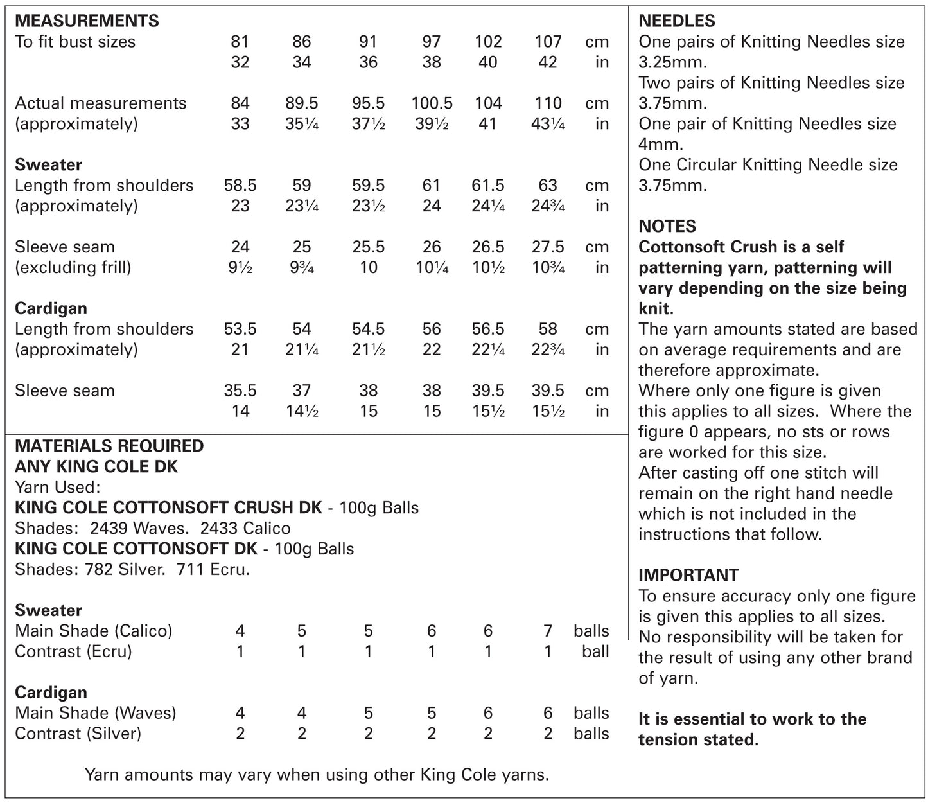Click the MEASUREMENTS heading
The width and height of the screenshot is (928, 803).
(87, 21)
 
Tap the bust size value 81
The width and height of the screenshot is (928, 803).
(240, 42)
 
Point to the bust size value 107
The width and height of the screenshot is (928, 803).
(548, 42)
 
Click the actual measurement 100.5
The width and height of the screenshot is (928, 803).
(432, 103)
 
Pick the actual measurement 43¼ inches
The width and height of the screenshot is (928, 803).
(548, 124)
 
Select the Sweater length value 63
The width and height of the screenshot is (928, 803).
(548, 186)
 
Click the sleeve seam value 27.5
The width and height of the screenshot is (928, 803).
(548, 247)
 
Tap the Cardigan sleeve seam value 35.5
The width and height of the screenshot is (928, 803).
(240, 391)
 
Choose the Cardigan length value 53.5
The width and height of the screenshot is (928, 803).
(240, 329)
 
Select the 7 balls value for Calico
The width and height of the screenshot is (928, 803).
(548, 631)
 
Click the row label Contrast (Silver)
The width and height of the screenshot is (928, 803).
(78, 734)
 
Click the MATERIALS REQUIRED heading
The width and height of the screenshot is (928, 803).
(109, 446)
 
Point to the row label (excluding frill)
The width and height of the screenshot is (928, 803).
(73, 267)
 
